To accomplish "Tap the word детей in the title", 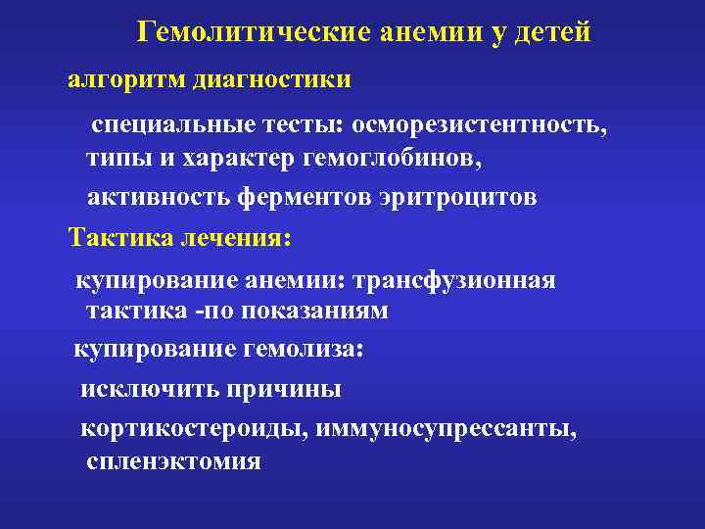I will click(x=548, y=33).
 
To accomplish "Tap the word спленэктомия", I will click(x=173, y=461).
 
